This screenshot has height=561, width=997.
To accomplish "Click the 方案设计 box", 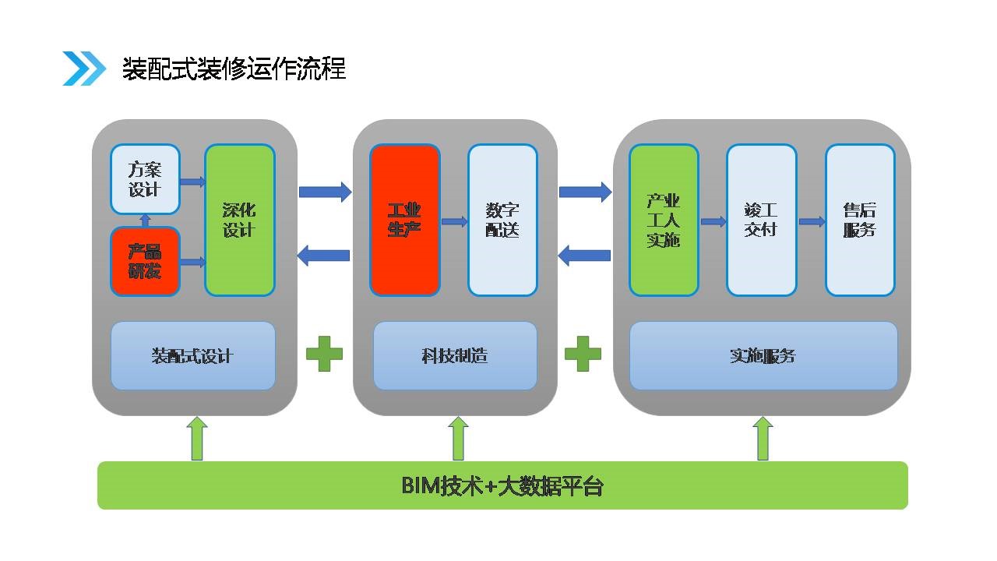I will coord(145,179).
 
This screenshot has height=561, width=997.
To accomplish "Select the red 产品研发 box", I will coord(145,262).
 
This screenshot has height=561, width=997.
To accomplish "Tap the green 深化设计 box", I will coord(240,221).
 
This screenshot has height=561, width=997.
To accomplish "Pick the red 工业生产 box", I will coord(405,221).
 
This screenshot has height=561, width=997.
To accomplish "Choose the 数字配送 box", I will coord(502,221).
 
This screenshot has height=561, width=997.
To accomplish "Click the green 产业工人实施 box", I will coord(664,221).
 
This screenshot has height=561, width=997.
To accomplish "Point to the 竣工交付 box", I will coord(761,221).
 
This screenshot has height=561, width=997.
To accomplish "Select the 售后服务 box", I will coord(860,221).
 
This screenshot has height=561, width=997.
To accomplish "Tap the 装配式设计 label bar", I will coord(192,356).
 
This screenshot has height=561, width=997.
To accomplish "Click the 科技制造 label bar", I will coord(455,356).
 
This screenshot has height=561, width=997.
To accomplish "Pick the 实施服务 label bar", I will coord(763,356).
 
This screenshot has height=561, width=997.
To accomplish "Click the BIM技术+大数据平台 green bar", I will coord(502,485).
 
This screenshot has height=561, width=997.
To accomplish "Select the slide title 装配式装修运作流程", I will coord(234,69).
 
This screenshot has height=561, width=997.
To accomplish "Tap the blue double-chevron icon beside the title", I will coord(84,69).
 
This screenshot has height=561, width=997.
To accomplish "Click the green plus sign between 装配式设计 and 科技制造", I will coord(324,355).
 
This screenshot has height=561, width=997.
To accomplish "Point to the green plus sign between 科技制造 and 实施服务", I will coord(583,355).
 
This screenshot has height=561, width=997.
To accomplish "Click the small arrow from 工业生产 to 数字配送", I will coord(454,222).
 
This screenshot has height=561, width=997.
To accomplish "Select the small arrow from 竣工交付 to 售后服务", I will coord(812,222).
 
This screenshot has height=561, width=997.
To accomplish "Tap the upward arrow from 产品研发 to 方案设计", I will coord(145,221).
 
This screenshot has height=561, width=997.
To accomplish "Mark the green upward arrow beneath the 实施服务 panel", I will coord(763,438).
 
